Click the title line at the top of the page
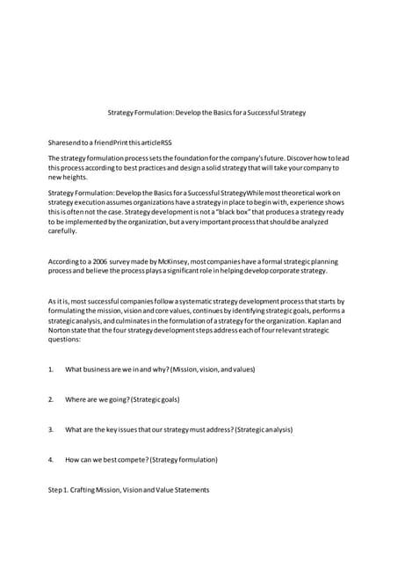[x=206, y=113]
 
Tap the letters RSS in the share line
[x=167, y=141]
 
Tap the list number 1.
[x=51, y=369]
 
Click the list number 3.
[x=51, y=429]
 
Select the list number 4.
[x=51, y=459]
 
